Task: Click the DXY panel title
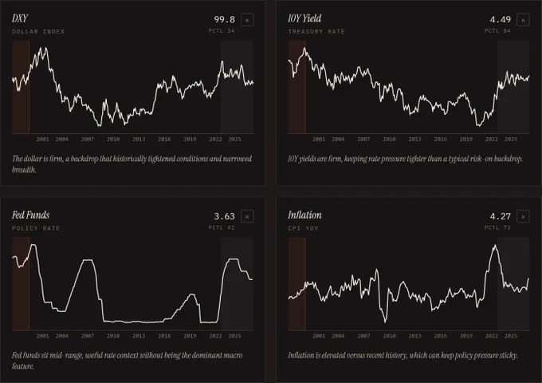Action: coord(20,18)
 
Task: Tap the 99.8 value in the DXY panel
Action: coord(224,20)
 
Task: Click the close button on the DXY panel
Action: coord(247,20)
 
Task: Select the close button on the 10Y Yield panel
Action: coord(523,20)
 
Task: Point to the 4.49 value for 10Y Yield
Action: coord(501,20)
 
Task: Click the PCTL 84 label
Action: coord(497,31)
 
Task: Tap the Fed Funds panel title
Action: coord(31,215)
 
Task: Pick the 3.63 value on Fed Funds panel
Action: coord(224,216)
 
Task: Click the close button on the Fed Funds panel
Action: coord(247,216)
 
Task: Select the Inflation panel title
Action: coord(304,215)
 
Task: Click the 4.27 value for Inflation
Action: coord(501,216)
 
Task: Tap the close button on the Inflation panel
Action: coord(523,216)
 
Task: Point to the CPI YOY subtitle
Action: coord(303,228)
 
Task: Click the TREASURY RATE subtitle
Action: coord(316,31)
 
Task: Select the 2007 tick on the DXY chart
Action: coord(88,139)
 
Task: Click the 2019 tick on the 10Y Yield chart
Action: coord(466,139)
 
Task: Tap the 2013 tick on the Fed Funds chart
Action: coord(139,336)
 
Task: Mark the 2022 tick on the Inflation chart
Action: coord(492,336)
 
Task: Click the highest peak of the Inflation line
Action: coord(495,245)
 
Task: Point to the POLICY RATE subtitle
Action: coord(36,228)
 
